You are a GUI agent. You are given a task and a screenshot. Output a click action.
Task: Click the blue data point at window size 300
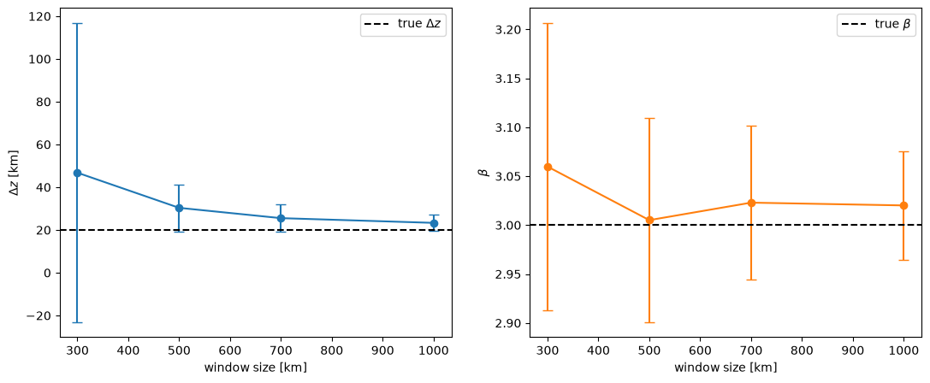click(77, 174)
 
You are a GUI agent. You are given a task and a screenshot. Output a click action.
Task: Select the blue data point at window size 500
click(179, 208)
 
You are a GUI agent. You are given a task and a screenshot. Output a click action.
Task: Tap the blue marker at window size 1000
click(434, 223)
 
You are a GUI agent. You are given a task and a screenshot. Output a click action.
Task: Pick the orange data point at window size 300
click(548, 168)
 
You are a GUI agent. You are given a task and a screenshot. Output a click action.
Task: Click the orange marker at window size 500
click(649, 220)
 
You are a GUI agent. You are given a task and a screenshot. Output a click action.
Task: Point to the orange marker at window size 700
click(751, 203)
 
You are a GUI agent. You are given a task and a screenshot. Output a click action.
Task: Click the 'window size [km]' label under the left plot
click(256, 368)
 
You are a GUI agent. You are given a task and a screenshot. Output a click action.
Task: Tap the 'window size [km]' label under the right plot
click(726, 368)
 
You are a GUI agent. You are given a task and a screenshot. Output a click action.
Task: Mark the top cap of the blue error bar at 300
click(77, 24)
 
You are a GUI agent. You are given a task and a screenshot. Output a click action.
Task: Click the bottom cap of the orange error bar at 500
click(649, 322)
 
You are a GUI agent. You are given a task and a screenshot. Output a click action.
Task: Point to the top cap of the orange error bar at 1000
click(903, 152)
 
